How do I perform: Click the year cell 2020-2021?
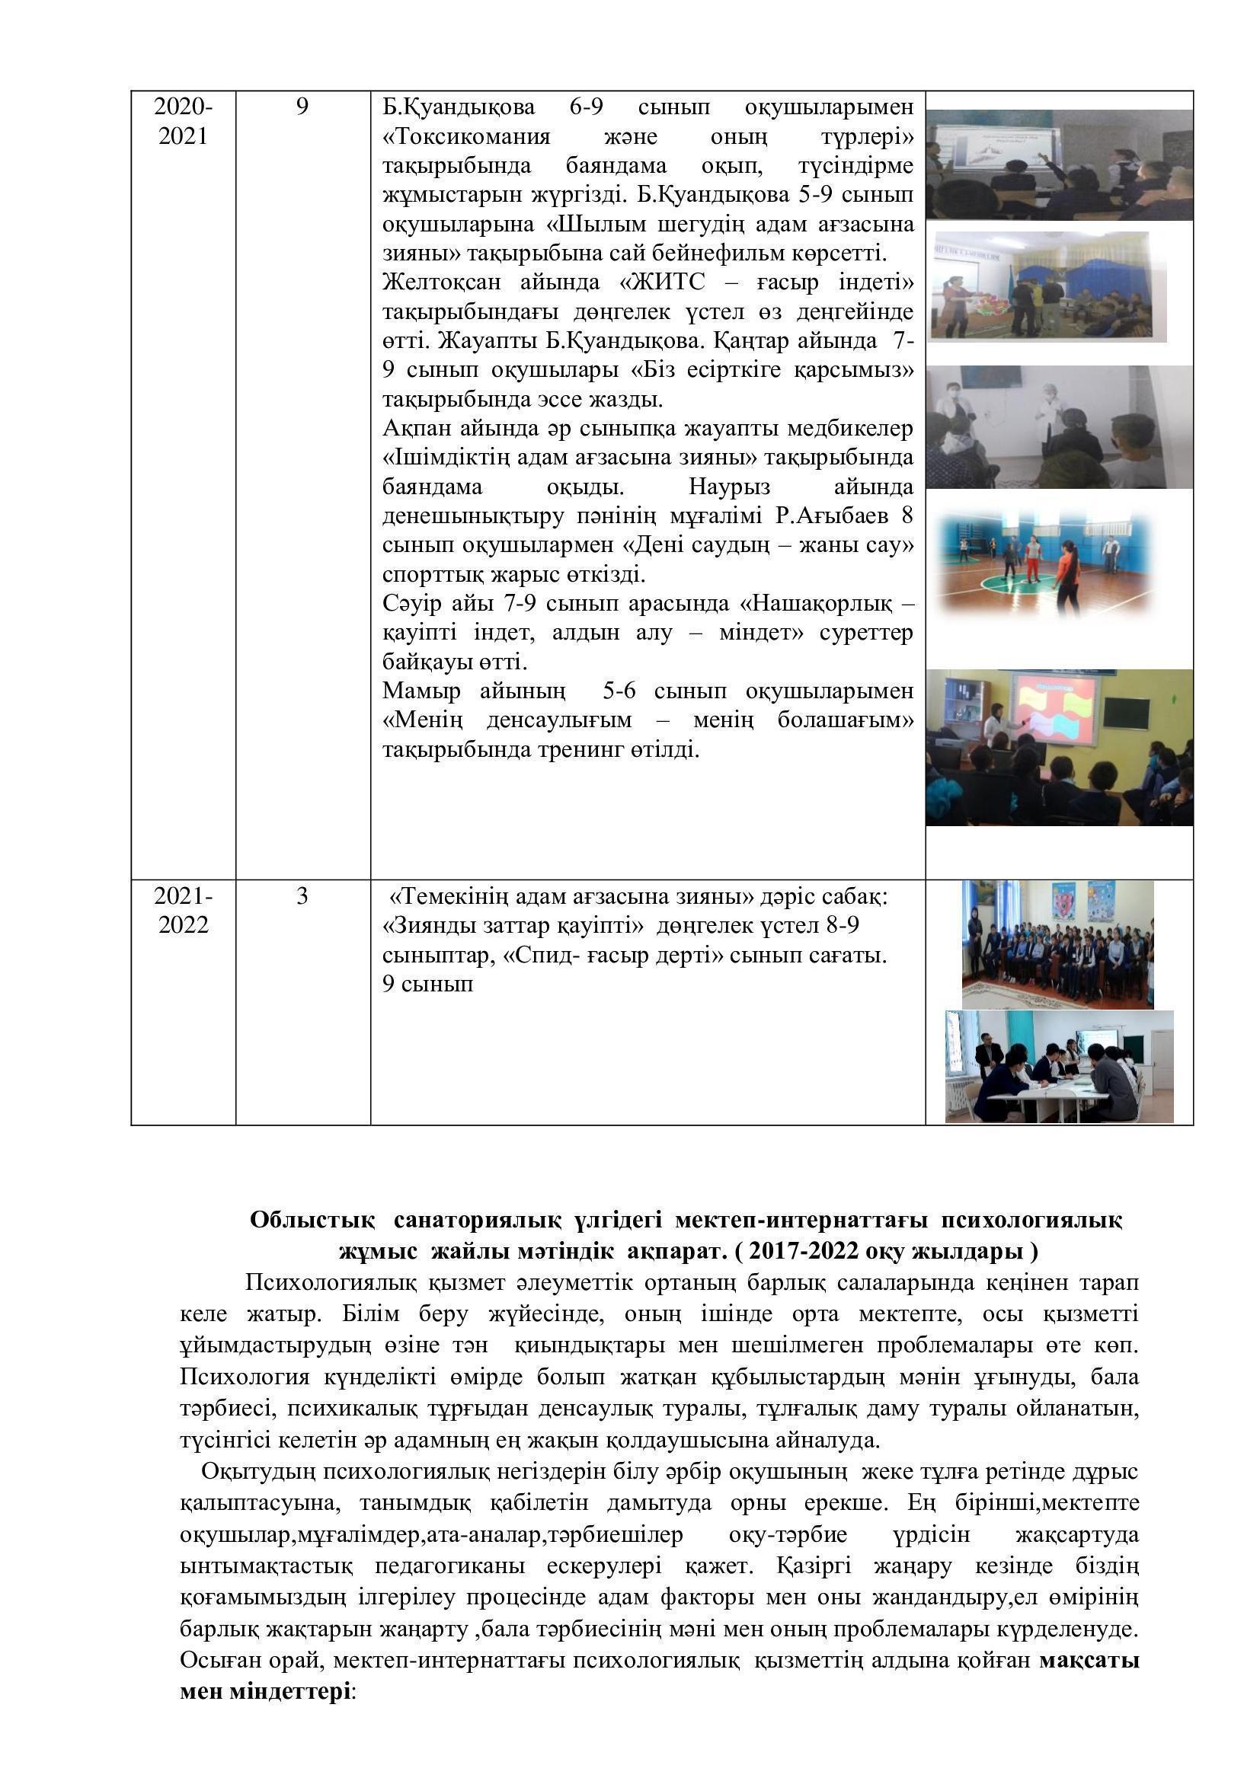(x=183, y=120)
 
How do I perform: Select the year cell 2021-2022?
(x=183, y=910)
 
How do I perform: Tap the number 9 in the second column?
(x=302, y=107)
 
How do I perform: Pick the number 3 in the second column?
(x=302, y=896)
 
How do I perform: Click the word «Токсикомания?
(x=466, y=136)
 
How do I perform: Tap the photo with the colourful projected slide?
(x=1059, y=747)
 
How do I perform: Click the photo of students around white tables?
(x=1059, y=1066)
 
